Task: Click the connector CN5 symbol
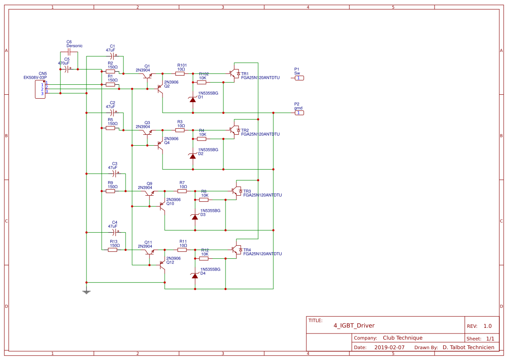pos(40,88)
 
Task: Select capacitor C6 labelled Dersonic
pos(69,51)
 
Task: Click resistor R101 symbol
pos(181,73)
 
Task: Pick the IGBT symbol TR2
pos(235,130)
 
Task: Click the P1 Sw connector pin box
pos(299,78)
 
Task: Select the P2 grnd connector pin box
pos(299,113)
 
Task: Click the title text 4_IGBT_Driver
pos(354,326)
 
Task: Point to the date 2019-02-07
pos(389,347)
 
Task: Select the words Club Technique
pos(402,338)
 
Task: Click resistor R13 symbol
pos(113,250)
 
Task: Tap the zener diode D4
pos(195,275)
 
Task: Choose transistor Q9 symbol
pos(149,193)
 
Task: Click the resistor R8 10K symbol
pos(204,200)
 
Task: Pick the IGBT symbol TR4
pos(237,250)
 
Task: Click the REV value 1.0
pos(487,326)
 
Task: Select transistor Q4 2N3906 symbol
pos(160,146)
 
